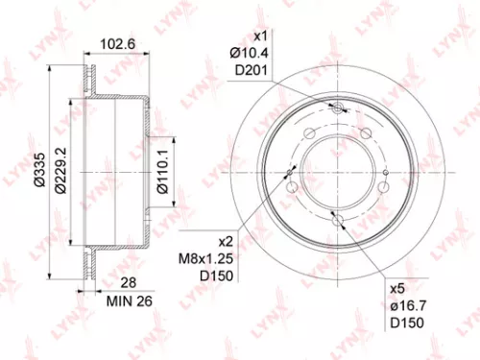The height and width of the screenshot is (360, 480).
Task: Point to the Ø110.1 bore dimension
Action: [x=163, y=174]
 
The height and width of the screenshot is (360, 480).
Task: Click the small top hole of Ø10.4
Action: [x=337, y=110]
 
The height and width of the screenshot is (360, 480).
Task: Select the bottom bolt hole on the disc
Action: [x=337, y=222]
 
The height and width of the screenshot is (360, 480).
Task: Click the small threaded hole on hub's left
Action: [x=290, y=173]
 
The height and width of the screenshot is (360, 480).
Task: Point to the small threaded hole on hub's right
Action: [x=384, y=173]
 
